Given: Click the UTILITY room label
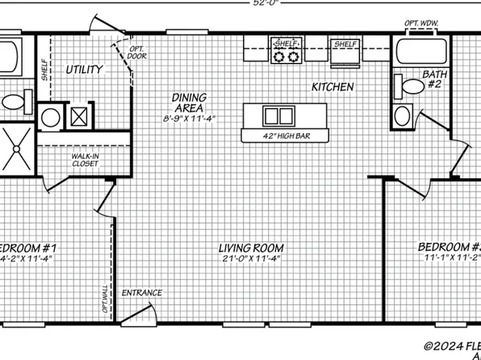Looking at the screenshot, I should tap(85, 70).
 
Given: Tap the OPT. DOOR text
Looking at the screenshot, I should tap(136, 53).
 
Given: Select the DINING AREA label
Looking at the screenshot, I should tap(186, 103).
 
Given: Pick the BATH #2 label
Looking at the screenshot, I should tap(434, 80).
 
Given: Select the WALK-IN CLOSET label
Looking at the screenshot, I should tap(85, 159).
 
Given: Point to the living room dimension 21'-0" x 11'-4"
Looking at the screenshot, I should tap(249, 259).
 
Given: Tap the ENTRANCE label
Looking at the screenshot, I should tap(142, 293).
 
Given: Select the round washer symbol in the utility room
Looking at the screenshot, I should tap(51, 115).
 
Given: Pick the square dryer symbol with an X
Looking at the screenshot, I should tap(80, 115).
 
